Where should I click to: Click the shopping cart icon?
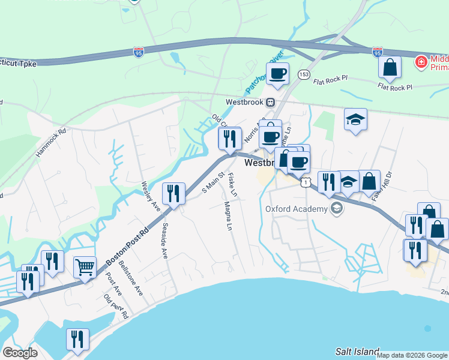point(85,266)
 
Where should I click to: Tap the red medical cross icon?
point(422,62)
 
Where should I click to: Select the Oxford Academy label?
point(296,209)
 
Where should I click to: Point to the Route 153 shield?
point(304,74)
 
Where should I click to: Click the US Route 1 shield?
point(306,181)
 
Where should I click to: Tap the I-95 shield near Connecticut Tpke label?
point(137,53)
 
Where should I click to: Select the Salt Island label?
point(357,352)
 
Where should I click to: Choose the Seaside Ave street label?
point(164,241)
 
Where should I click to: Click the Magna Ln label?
point(228,216)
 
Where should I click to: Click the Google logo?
point(20,353)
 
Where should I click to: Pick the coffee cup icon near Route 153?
point(277,74)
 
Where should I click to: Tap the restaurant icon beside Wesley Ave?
point(173,193)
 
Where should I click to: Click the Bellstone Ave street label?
point(130,278)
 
